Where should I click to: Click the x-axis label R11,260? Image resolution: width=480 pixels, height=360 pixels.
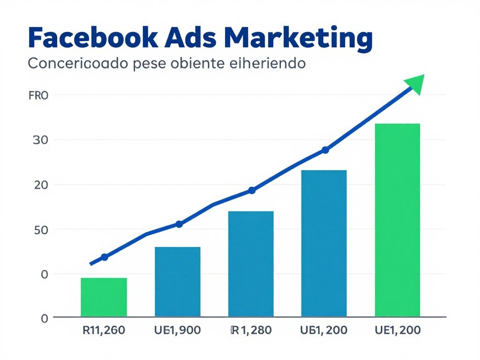(104, 330)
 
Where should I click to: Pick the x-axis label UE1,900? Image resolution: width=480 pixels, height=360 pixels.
(177, 330)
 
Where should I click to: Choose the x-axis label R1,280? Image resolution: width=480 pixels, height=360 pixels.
(251, 330)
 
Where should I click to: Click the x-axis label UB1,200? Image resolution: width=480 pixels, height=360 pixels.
(324, 330)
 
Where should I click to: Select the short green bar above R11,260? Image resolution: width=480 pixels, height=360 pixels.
(104, 297)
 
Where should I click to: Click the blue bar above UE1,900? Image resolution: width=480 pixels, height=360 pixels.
(178, 281)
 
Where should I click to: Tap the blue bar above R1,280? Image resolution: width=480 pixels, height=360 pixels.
(251, 263)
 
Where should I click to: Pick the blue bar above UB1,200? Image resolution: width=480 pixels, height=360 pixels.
(324, 243)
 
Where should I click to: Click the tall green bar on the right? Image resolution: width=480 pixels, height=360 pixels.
(397, 219)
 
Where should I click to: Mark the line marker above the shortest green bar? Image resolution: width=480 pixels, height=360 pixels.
(105, 257)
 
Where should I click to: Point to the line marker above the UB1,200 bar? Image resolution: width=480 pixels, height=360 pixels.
(325, 150)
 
